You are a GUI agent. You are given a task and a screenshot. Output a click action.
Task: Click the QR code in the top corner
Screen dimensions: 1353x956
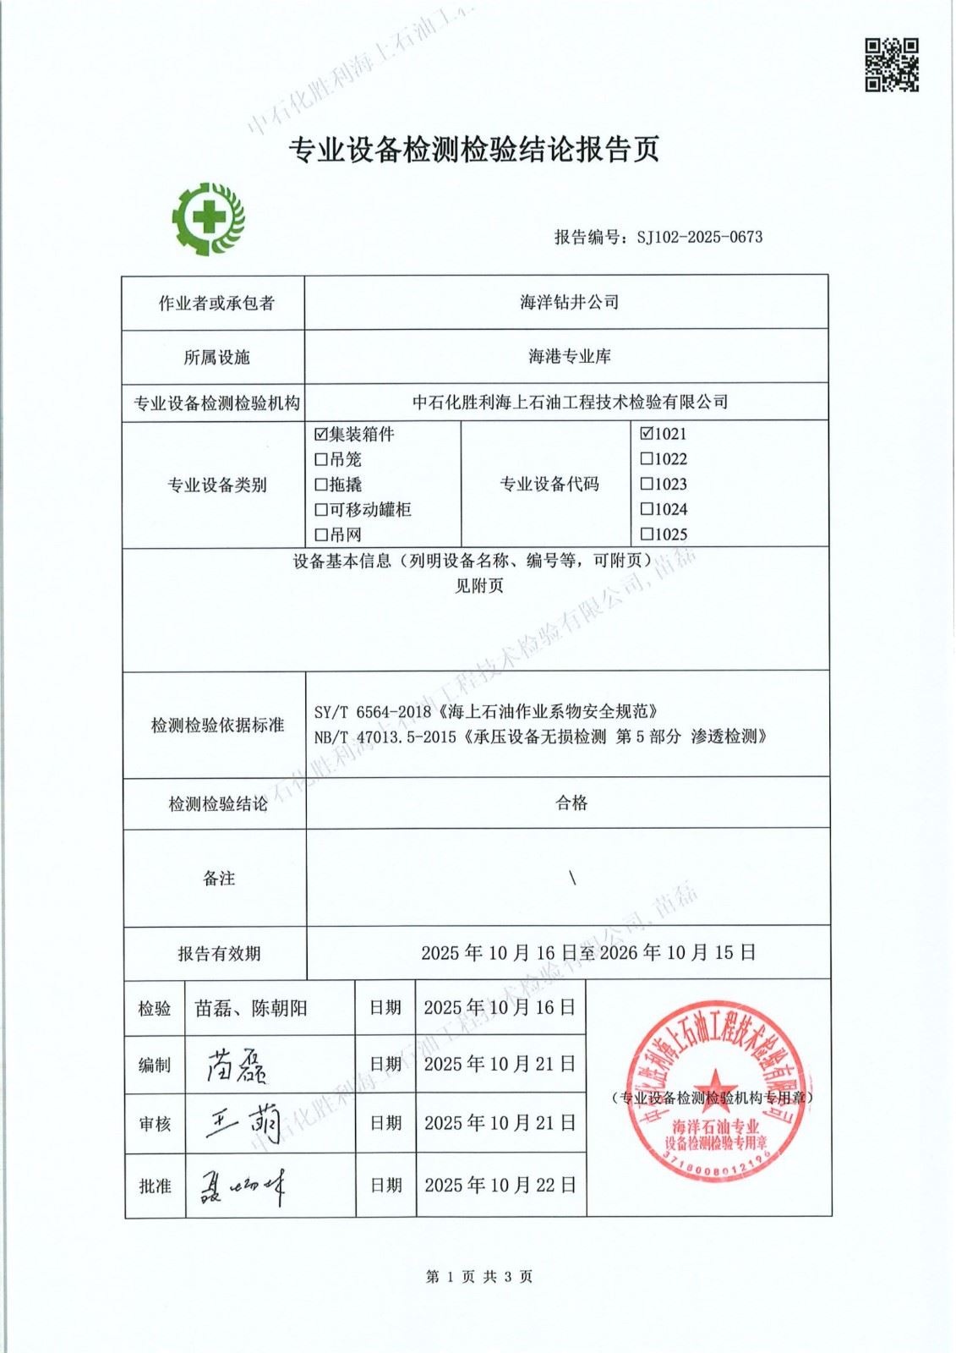(x=891, y=64)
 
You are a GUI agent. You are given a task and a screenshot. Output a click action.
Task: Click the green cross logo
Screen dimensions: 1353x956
(x=208, y=218)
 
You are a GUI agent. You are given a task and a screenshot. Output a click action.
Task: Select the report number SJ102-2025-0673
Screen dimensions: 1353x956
(x=699, y=238)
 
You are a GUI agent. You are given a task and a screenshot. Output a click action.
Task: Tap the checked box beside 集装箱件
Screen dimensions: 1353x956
(x=320, y=435)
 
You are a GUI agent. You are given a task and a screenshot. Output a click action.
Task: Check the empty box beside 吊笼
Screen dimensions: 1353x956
(x=320, y=460)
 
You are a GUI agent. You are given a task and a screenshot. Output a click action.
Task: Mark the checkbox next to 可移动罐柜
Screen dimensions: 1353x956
(x=320, y=510)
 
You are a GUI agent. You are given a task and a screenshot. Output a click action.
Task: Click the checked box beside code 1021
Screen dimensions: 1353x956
(x=647, y=434)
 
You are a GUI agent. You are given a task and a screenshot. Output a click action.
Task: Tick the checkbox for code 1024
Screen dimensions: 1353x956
(x=647, y=509)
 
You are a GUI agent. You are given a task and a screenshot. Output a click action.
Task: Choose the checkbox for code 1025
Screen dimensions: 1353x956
(x=647, y=534)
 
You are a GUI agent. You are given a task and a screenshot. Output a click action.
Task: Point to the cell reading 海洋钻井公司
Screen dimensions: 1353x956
(x=569, y=302)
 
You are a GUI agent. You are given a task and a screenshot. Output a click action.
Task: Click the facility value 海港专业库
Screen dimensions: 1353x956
(x=569, y=357)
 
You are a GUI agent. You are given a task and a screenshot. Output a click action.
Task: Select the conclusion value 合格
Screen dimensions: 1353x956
(x=571, y=803)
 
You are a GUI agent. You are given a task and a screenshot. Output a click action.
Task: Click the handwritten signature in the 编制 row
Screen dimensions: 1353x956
(x=237, y=1065)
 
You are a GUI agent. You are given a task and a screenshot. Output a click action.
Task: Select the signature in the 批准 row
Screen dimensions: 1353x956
(x=242, y=1186)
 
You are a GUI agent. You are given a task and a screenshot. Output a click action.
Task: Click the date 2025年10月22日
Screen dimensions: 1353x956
(x=500, y=1186)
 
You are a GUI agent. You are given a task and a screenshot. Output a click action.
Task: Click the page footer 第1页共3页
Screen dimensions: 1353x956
(x=479, y=1277)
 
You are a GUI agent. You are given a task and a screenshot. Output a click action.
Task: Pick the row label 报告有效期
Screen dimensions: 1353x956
(x=219, y=954)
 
